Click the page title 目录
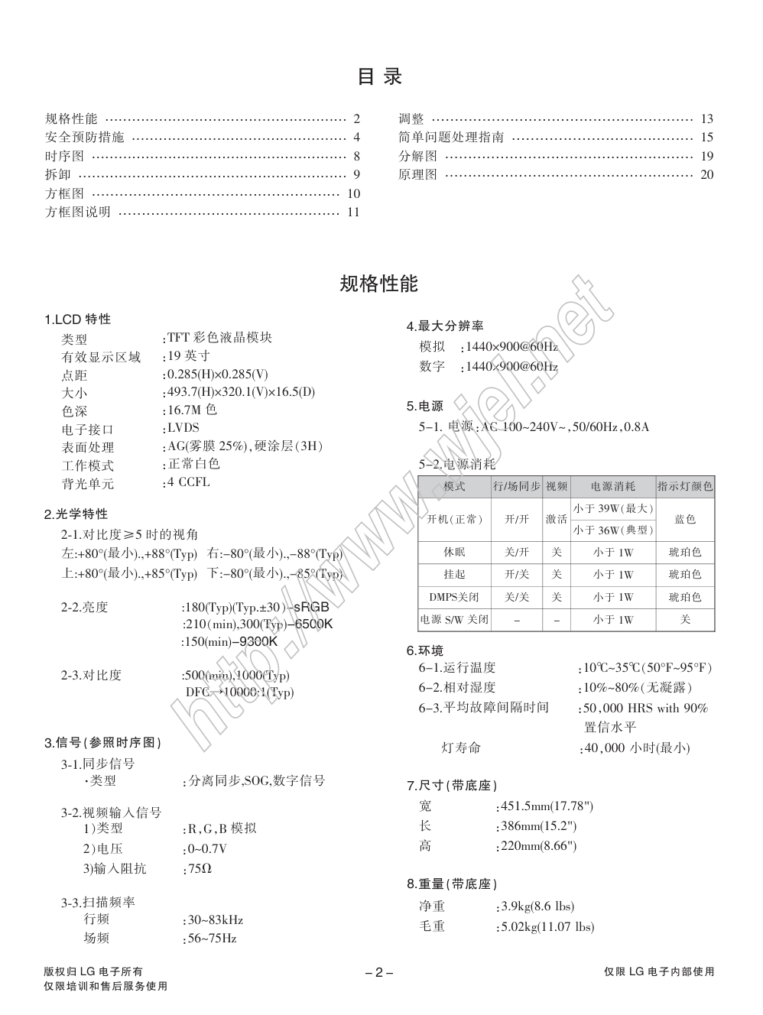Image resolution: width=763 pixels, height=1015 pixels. click(x=380, y=76)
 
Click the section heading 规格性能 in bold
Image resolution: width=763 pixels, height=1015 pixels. click(x=379, y=284)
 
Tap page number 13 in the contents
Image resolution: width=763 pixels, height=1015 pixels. click(x=706, y=118)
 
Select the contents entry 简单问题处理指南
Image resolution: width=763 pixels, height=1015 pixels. click(x=451, y=138)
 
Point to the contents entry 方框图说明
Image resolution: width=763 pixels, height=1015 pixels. click(x=78, y=212)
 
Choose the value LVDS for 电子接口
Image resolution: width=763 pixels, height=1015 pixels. click(x=183, y=428)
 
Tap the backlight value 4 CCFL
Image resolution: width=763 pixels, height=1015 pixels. click(x=188, y=482)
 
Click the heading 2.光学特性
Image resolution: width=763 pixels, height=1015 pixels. click(x=76, y=514)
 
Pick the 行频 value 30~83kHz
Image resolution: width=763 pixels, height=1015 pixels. click(x=215, y=919)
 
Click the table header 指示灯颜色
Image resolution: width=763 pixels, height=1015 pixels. click(x=685, y=486)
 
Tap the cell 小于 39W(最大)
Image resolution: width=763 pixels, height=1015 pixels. click(x=613, y=508)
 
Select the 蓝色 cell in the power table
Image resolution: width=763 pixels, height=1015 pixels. click(x=685, y=519)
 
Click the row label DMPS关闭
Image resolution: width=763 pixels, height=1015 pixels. click(x=454, y=597)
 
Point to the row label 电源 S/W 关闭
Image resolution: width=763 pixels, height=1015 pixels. click(x=454, y=619)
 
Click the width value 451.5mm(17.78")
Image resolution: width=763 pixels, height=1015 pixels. click(x=546, y=806)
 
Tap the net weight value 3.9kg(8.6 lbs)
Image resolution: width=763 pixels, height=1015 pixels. click(x=537, y=906)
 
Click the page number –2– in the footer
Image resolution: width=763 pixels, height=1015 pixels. click(x=379, y=972)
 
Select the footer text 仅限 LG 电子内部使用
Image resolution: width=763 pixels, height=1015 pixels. click(x=659, y=971)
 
